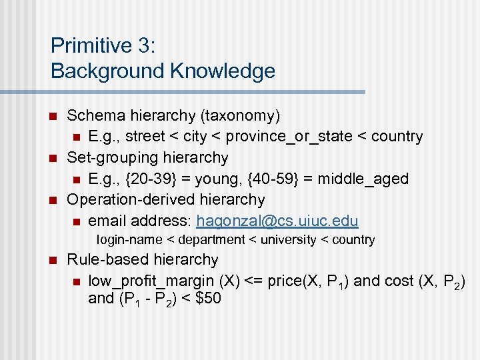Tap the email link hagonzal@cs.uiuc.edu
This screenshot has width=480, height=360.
[x=277, y=221]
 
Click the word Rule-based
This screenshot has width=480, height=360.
[x=103, y=259]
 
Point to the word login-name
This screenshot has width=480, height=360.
[x=125, y=240]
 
